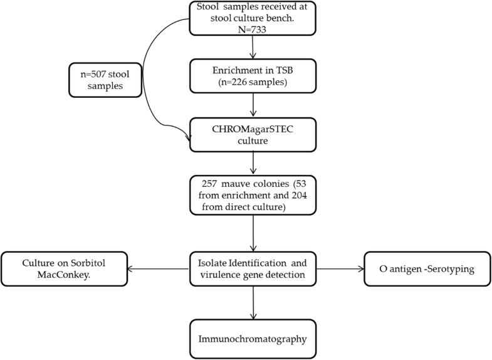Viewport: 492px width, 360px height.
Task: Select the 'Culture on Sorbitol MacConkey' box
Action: click(65, 269)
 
